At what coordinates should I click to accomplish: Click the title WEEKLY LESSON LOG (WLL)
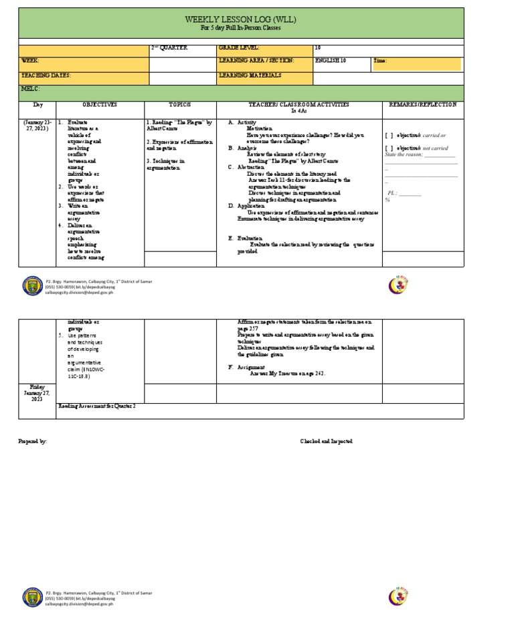tap(241, 20)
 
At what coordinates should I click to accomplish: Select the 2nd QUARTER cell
tap(169, 48)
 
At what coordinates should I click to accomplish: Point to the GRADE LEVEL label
tap(238, 48)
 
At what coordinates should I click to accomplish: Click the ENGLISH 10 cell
tap(330, 61)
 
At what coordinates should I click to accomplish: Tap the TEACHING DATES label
tap(46, 76)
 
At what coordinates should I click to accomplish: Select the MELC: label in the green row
tap(31, 88)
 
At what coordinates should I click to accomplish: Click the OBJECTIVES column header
tap(100, 105)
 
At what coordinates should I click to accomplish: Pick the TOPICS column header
tap(179, 105)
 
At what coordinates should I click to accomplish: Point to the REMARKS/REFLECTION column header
tap(423, 105)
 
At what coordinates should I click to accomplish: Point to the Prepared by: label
tap(34, 442)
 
